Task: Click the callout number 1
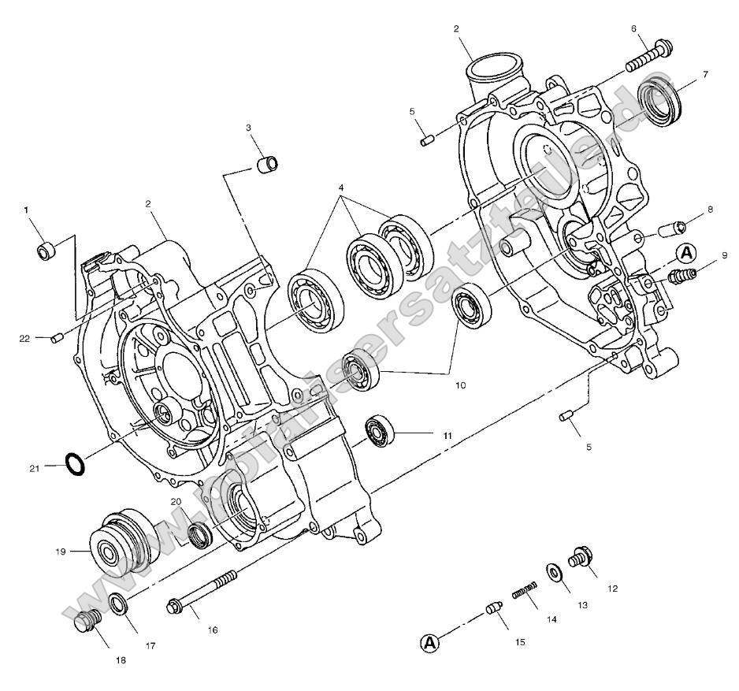pos(26,210)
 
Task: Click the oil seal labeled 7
pos(658,102)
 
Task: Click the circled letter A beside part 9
pos(686,254)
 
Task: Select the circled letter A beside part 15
pos(429,644)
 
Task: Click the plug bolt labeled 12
pos(581,556)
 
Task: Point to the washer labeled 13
pos(555,571)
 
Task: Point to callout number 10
pos(459,385)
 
